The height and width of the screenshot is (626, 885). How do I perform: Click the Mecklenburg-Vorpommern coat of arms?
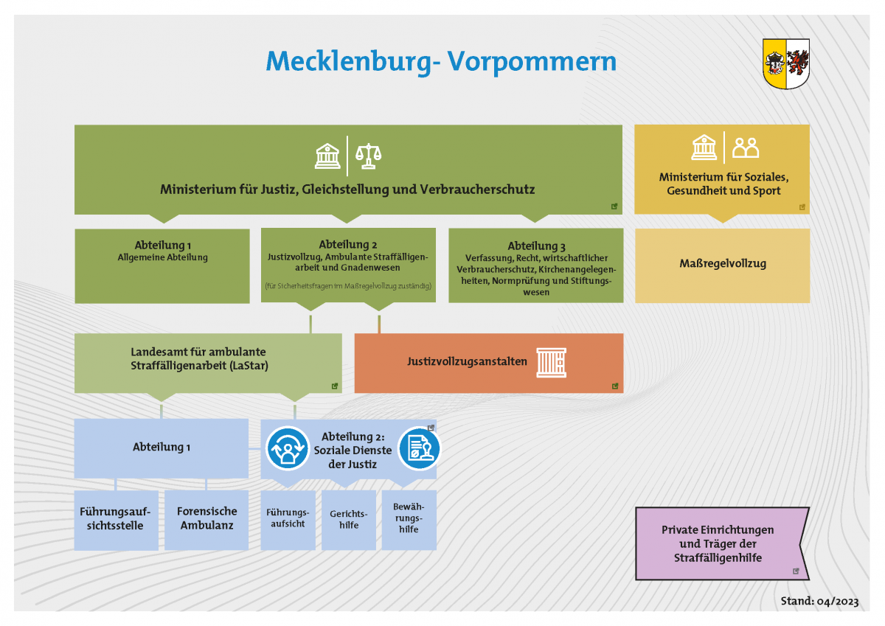pos(786,65)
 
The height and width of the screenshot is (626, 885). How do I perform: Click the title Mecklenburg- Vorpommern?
pos(441,61)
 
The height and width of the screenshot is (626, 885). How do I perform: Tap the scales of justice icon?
pos(369,156)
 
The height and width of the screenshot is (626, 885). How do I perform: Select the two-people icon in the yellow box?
pos(746,148)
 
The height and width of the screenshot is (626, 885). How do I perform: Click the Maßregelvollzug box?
pos(722,264)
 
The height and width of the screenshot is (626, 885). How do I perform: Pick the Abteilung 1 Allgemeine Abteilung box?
pos(162,265)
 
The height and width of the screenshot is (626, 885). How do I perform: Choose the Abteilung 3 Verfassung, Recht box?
pos(535,265)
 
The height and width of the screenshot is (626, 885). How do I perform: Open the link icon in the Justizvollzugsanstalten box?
pos(614,386)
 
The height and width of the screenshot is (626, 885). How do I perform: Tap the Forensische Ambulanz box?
pos(206,519)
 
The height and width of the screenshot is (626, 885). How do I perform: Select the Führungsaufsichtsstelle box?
pos(117,519)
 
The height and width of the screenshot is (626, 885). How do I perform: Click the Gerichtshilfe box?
pos(349,520)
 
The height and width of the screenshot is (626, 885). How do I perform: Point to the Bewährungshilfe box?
pos(409,519)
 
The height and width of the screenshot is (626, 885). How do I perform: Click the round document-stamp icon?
pos(419,449)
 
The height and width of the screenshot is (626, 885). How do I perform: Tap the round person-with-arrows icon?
pos(288,448)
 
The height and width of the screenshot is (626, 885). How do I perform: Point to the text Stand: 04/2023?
pos(819,602)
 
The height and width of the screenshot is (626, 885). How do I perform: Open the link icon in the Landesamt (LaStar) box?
pos(334,386)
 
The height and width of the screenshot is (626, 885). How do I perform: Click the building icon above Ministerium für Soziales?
pos(704,148)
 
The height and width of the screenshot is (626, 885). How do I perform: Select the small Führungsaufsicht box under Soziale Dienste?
pos(288,519)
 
